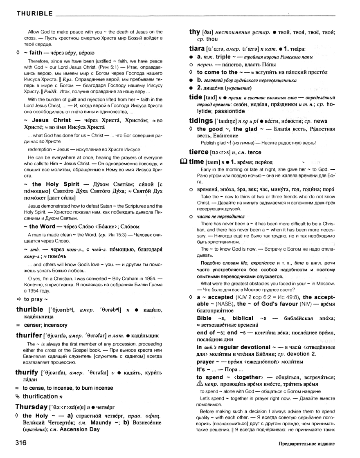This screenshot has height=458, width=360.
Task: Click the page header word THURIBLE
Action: (34, 14)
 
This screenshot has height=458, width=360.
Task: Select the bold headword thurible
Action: (29, 309)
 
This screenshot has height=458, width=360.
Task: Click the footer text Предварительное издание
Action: (307, 444)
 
